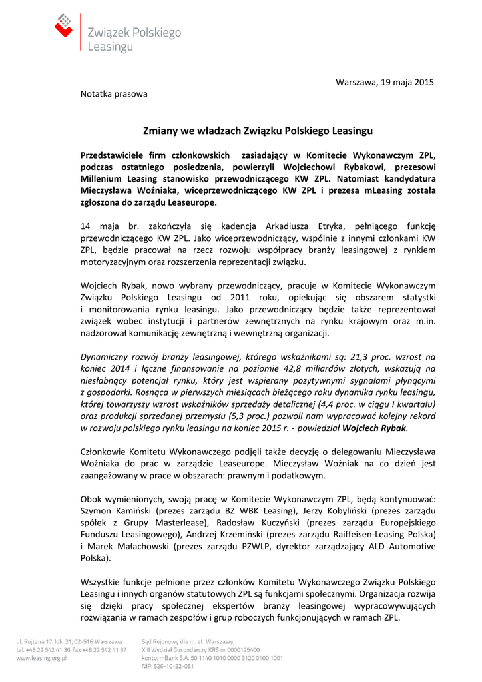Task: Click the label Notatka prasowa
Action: (x=114, y=94)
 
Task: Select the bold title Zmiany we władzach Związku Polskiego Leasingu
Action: (x=258, y=131)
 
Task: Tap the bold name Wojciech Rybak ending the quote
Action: (x=374, y=428)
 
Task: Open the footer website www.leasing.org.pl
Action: (x=41, y=657)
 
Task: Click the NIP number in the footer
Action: (x=168, y=665)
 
